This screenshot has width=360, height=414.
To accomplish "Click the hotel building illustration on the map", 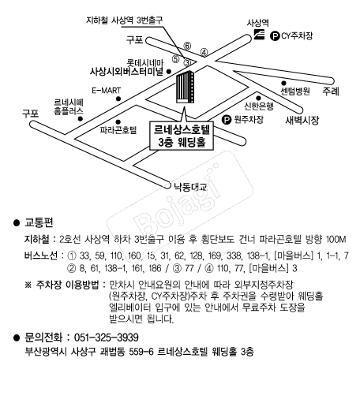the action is click(186, 87).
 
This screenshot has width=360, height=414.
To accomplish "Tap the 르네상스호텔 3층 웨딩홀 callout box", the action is click(182, 136).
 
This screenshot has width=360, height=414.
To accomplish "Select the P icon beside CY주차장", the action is click(275, 35).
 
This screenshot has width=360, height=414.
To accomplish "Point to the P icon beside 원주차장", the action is click(227, 120).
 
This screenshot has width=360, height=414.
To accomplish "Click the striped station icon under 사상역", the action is click(259, 35).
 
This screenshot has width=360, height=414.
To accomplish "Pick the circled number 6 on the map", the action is click(187, 46).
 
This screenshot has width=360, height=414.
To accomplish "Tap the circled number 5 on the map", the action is click(176, 59).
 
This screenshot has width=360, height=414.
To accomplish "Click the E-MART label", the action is click(107, 91).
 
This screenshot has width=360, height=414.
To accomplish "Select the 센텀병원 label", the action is click(295, 91).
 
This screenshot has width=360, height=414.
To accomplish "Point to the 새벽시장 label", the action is click(302, 121).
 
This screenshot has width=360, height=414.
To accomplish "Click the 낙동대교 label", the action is click(189, 187).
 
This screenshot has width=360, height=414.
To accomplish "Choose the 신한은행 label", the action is click(258, 106).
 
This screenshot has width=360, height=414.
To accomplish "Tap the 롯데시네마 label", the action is click(144, 63).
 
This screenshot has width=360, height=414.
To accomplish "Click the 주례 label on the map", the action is click(331, 91).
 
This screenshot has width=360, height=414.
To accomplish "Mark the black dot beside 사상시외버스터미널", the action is click(169, 71).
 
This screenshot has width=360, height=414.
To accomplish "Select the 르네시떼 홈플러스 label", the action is click(69, 106).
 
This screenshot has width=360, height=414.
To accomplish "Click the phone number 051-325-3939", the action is click(107, 338).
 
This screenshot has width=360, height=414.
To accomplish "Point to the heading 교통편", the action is click(39, 222).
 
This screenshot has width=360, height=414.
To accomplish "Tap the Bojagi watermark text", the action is click(178, 203).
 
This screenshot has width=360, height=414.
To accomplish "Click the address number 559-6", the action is click(141, 352).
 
